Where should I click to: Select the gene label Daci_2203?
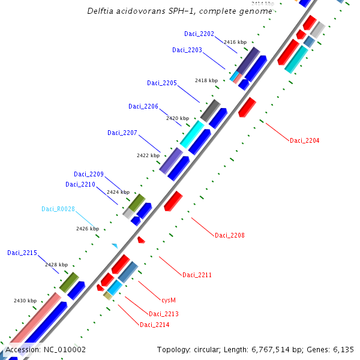pyautogui.click(x=187, y=50)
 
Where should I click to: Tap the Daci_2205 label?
pyautogui.click(x=162, y=83)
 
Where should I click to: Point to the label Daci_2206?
pyautogui.click(x=143, y=106)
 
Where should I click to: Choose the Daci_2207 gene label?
pyautogui.click(x=122, y=133)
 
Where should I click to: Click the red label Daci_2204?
pyautogui.click(x=305, y=140)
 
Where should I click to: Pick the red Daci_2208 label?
pyautogui.click(x=230, y=235)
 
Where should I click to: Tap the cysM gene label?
pyautogui.click(x=169, y=299)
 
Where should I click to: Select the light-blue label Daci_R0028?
pyautogui.click(x=58, y=209)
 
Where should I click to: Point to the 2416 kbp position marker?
pyautogui.click(x=235, y=42)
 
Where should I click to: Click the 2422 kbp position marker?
pyautogui.click(x=148, y=155)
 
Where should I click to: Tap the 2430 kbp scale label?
pyautogui.click(x=25, y=301)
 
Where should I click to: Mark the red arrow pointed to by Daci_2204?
pyautogui.click(x=247, y=106)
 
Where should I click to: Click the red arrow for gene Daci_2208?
pyautogui.click(x=173, y=200)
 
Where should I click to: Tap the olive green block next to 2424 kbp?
pyautogui.click(x=137, y=202)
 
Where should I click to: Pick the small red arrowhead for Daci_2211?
pyautogui.click(x=141, y=240)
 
